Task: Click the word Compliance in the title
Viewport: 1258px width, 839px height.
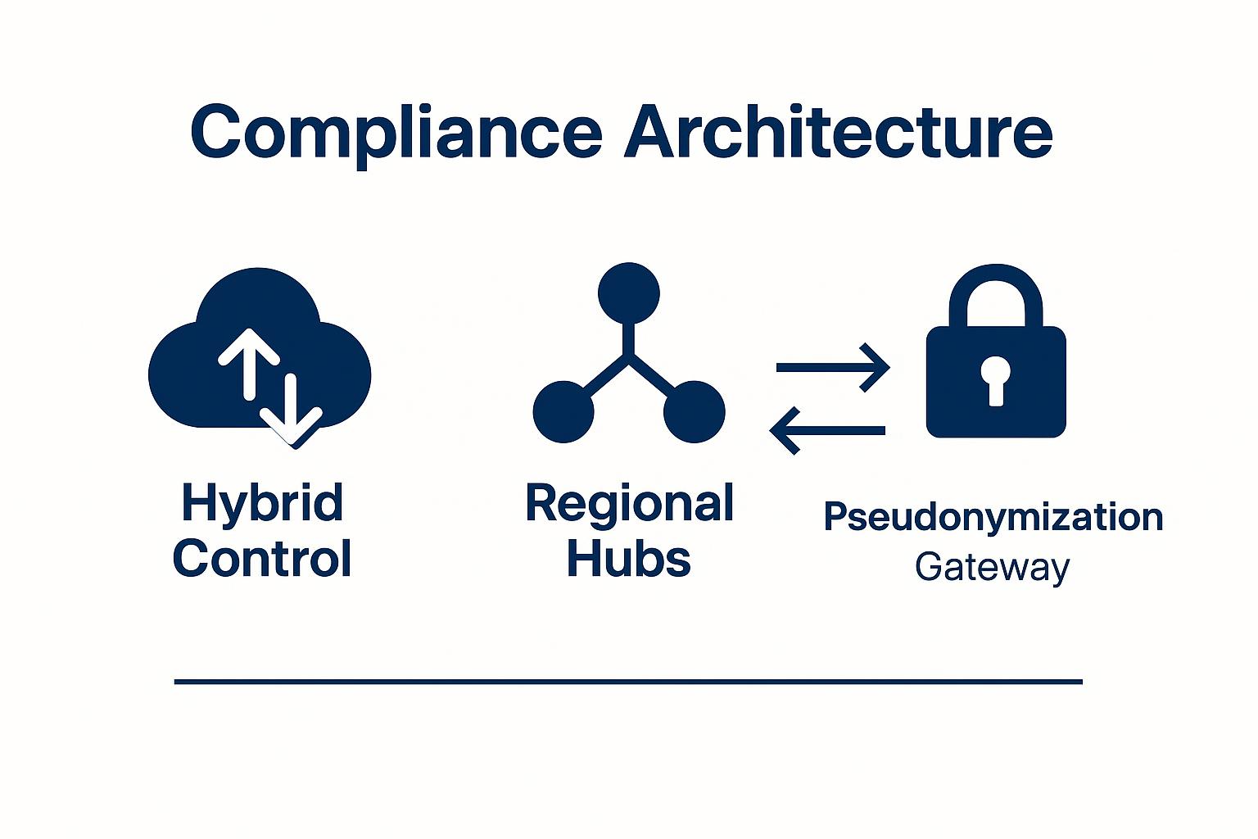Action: tap(396, 133)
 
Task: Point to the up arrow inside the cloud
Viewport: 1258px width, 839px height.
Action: tap(249, 361)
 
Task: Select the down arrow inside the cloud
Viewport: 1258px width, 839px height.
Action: tap(291, 410)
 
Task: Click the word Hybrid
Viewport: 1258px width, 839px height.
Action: tap(261, 503)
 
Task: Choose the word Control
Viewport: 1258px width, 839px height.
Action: tap(261, 559)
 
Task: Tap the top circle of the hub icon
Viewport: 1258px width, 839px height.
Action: tap(628, 293)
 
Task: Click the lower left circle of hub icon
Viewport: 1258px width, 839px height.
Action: tap(563, 411)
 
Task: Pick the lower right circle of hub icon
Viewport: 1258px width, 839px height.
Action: tap(694, 411)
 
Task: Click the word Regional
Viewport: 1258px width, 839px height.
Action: tap(629, 503)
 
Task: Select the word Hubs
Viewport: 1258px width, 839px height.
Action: tap(629, 559)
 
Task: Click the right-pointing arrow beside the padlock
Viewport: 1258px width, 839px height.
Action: tap(832, 367)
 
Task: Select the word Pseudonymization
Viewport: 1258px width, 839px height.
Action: tap(993, 517)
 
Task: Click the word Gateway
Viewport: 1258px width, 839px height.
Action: tap(992, 567)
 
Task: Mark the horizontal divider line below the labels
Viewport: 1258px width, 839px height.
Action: tap(628, 681)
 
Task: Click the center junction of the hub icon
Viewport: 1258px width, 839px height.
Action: tap(628, 356)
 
